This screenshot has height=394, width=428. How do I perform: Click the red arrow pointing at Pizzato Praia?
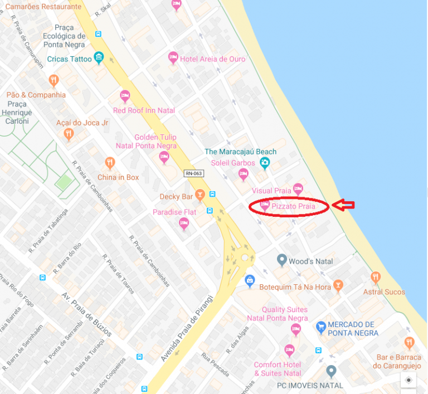tap(343, 206)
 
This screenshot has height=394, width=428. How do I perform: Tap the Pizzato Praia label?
tap(294, 207)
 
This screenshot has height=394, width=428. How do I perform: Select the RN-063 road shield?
tap(194, 174)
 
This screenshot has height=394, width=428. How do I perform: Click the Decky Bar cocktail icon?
tap(200, 194)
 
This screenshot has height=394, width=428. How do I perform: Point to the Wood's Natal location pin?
tap(281, 260)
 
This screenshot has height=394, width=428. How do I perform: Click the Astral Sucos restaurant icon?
tap(376, 277)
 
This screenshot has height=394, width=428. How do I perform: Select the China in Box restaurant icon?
tap(110, 163)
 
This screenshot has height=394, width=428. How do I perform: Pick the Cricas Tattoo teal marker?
tap(99, 57)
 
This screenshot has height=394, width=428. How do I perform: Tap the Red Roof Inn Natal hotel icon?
tap(125, 96)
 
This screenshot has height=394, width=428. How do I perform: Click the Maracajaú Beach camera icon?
tap(265, 162)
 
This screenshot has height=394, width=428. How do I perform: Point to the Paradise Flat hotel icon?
tap(184, 223)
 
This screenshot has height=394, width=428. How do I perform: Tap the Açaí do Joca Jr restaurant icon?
tap(69, 134)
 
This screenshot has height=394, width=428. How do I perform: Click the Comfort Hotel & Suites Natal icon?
tap(289, 350)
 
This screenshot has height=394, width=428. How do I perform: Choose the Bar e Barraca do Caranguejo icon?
tap(410, 342)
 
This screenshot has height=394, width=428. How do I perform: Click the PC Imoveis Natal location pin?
tap(332, 371)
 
